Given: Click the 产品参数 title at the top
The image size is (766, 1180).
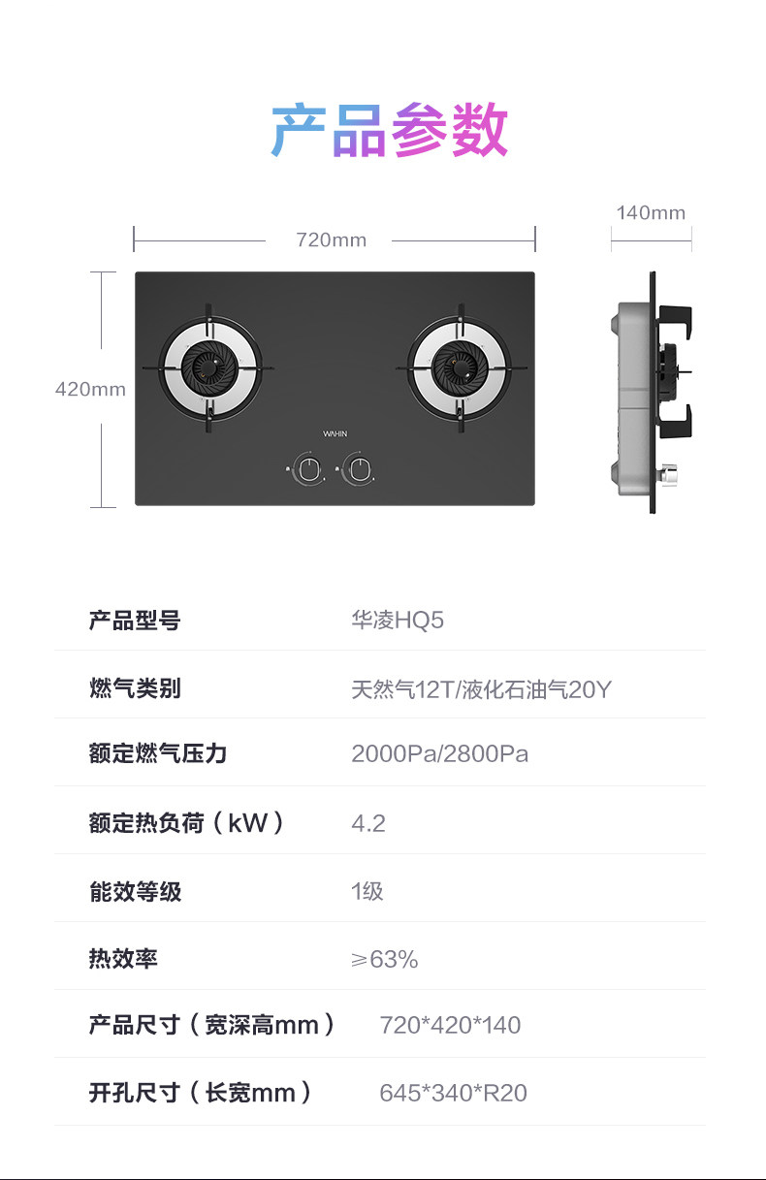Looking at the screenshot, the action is pyautogui.click(x=390, y=130).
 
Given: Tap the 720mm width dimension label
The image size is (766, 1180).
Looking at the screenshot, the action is pyautogui.click(x=331, y=239).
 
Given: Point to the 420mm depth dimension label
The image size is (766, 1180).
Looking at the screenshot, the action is pyautogui.click(x=90, y=389).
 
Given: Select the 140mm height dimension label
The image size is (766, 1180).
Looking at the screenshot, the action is pyautogui.click(x=650, y=212).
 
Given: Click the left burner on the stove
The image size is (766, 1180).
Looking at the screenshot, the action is pyautogui.click(x=208, y=368).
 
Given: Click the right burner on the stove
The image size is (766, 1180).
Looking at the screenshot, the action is pyautogui.click(x=459, y=368).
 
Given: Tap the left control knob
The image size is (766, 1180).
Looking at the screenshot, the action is pyautogui.click(x=309, y=469).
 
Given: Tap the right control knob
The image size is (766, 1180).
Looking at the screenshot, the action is pyautogui.click(x=359, y=469).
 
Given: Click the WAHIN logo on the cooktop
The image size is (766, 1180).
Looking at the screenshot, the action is pyautogui.click(x=335, y=433).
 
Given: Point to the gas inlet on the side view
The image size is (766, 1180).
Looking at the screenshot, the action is pyautogui.click(x=667, y=475).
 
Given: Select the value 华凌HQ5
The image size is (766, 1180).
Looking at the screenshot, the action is pyautogui.click(x=398, y=621).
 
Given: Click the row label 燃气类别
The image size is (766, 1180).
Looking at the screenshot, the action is pyautogui.click(x=135, y=688).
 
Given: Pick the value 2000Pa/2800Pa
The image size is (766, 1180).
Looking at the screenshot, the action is pyautogui.click(x=439, y=754).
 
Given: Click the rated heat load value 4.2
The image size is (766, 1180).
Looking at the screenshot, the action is pyautogui.click(x=368, y=823).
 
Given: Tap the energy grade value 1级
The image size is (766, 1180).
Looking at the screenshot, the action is pyautogui.click(x=367, y=891).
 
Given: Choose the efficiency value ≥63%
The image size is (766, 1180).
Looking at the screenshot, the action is pyautogui.click(x=384, y=959).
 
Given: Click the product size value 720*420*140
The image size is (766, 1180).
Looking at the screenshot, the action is pyautogui.click(x=450, y=1025).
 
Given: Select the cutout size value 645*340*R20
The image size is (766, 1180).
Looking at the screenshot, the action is pyautogui.click(x=453, y=1093).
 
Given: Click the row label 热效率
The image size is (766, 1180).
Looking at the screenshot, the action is pyautogui.click(x=123, y=959).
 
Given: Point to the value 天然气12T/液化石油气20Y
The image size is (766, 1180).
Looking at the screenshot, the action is pyautogui.click(x=481, y=689).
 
